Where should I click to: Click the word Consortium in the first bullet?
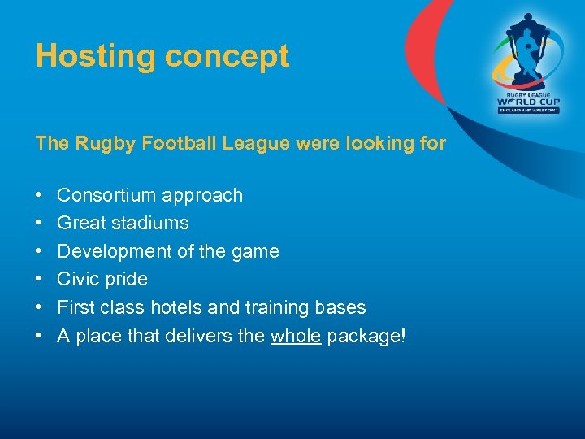tap(106, 195)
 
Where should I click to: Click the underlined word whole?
tap(296, 336)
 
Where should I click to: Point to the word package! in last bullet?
tap(366, 336)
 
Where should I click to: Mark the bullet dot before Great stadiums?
tap(39, 224)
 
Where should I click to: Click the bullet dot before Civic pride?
tap(39, 280)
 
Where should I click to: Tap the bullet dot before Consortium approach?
tap(39, 196)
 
